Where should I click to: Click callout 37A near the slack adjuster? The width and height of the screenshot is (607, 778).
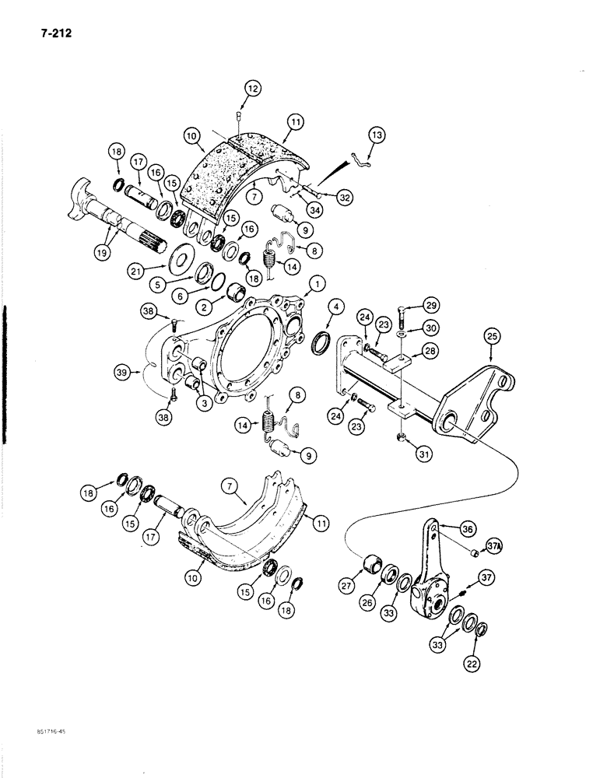[x=494, y=548]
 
